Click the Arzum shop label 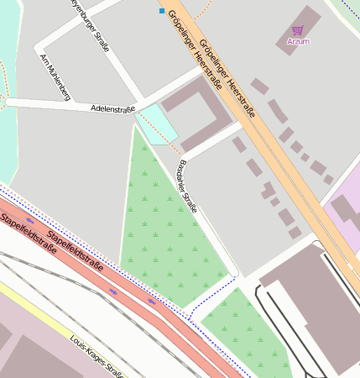click(298, 40)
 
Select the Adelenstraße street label click(113, 110)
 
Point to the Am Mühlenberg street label click(55, 78)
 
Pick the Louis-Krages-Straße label click(97, 357)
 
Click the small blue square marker click(162, 11)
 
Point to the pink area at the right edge click(346, 210)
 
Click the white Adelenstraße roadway click(50, 105)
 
